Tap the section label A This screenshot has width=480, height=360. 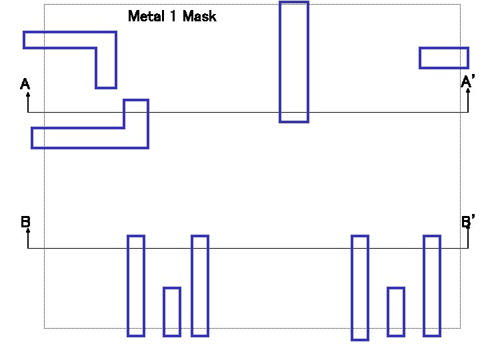point(25,84)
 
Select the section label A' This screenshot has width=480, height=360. point(467,82)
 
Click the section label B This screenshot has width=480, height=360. point(25,221)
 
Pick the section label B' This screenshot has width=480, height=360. point(468,221)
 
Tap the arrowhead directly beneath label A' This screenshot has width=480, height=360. point(468,93)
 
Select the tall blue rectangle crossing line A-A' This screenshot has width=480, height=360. point(294,62)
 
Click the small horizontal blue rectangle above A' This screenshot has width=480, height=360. point(443,58)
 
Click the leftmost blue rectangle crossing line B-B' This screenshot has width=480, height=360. point(136,285)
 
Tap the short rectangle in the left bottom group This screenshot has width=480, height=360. point(172,311)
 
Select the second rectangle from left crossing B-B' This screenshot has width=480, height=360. point(200,285)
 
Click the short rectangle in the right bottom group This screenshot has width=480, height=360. point(396,311)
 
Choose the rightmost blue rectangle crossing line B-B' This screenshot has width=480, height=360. point(432,285)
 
